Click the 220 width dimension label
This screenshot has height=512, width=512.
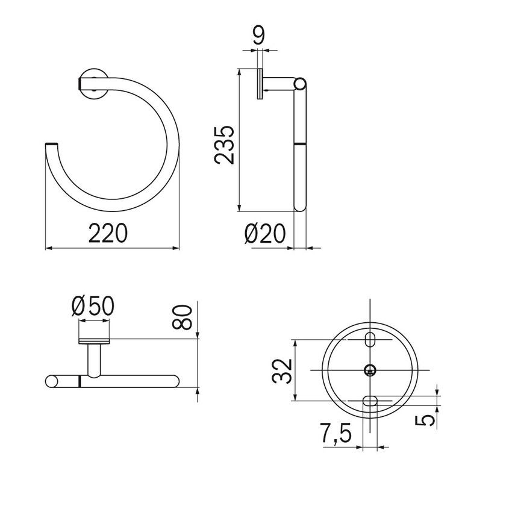[x=108, y=233]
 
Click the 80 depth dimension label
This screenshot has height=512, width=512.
[x=186, y=317]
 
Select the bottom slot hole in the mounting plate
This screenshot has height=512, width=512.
[x=370, y=401]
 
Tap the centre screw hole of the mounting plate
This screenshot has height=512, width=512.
[x=370, y=370]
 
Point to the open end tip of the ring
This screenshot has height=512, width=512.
[x=52, y=145]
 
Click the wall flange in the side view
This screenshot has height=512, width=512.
[x=260, y=84]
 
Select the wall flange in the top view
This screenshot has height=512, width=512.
[x=94, y=342]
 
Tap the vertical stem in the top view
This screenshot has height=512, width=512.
[x=94, y=360]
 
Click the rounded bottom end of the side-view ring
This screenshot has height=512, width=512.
[x=299, y=208]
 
